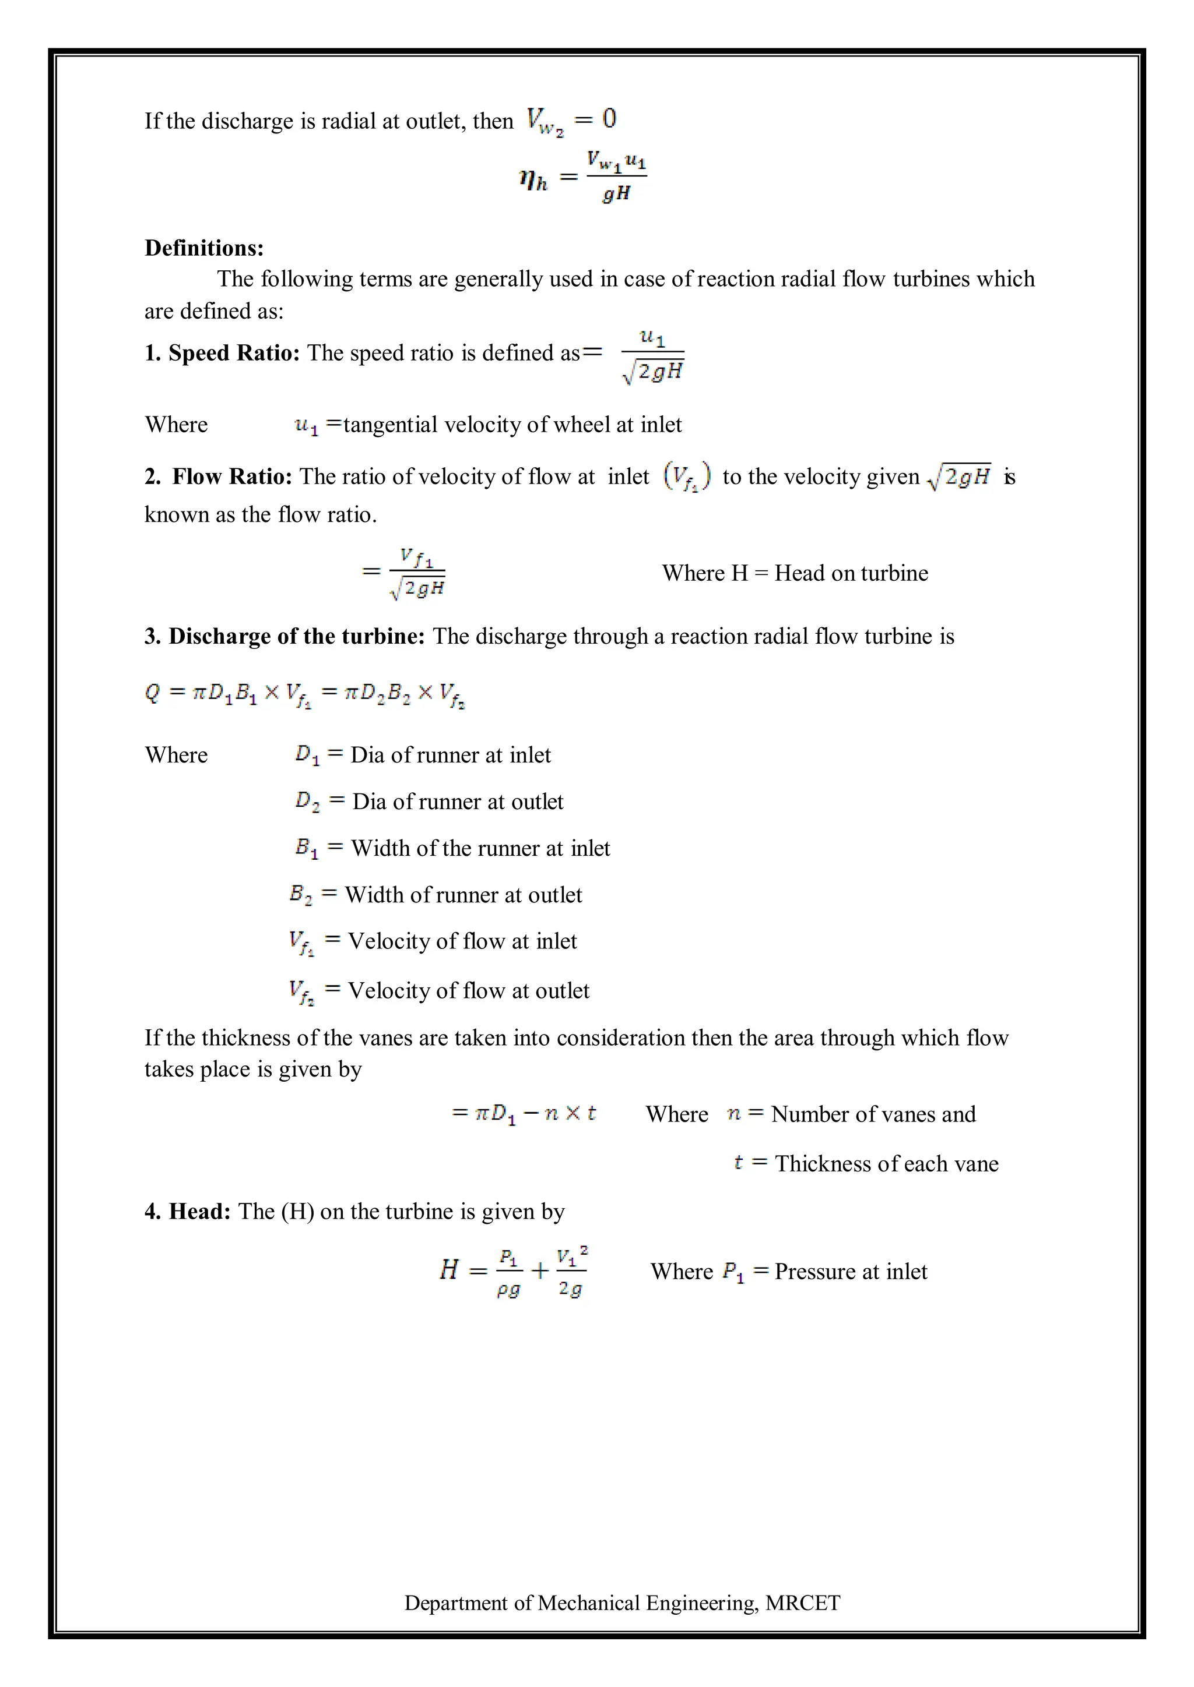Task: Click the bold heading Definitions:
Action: pyautogui.click(x=203, y=248)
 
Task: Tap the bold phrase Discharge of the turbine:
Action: pyautogui.click(x=297, y=636)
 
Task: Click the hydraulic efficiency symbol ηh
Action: pyautogui.click(x=533, y=179)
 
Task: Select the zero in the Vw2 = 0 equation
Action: pyautogui.click(x=609, y=118)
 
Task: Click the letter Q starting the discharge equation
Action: pyautogui.click(x=152, y=692)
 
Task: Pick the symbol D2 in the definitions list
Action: pyautogui.click(x=307, y=801)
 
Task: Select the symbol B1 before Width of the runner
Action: pyautogui.click(x=307, y=848)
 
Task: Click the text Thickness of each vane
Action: pyautogui.click(x=887, y=1163)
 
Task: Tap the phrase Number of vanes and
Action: pyautogui.click(x=873, y=1114)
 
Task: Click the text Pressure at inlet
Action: pyautogui.click(x=851, y=1271)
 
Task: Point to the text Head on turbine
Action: pyautogui.click(x=851, y=573)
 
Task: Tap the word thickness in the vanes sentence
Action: pyautogui.click(x=245, y=1037)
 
